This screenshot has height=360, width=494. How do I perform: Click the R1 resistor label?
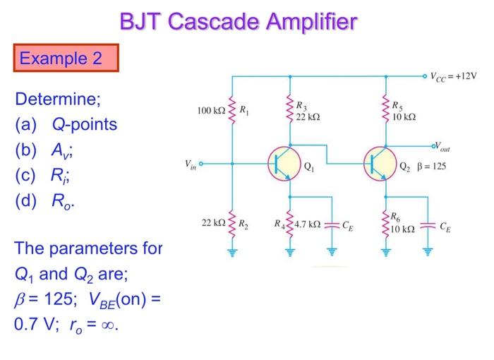coord(244,110)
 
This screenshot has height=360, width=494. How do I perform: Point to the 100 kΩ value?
coord(211,111)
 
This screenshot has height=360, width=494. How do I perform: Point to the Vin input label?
coord(189,164)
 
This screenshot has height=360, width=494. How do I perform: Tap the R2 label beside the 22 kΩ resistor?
coord(243,225)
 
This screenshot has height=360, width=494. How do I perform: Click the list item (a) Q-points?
coord(66,125)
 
